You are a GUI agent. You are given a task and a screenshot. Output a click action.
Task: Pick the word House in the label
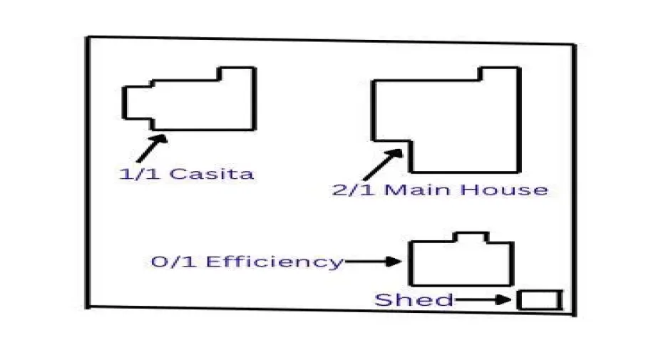pyautogui.click(x=503, y=190)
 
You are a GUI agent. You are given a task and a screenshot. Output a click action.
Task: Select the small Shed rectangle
pyautogui.click(x=539, y=300)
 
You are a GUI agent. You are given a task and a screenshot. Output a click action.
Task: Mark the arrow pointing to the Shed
pyautogui.click(x=484, y=300)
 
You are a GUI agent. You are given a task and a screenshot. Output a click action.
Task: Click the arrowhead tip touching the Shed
pyautogui.click(x=510, y=300)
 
